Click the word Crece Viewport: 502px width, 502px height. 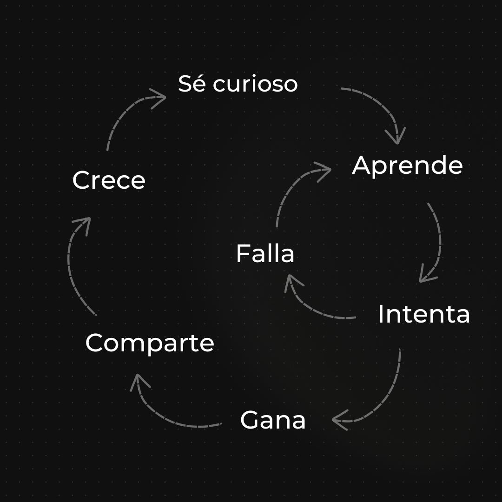pyautogui.click(x=109, y=180)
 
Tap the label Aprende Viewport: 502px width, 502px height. pyautogui.click(x=407, y=166)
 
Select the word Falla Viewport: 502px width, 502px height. pyautogui.click(x=265, y=254)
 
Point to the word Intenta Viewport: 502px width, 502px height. pyautogui.click(x=423, y=314)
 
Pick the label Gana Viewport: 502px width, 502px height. pyautogui.click(x=273, y=420)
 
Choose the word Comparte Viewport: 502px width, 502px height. pyautogui.click(x=150, y=343)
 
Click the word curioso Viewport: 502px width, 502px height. pyautogui.click(x=255, y=84)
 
